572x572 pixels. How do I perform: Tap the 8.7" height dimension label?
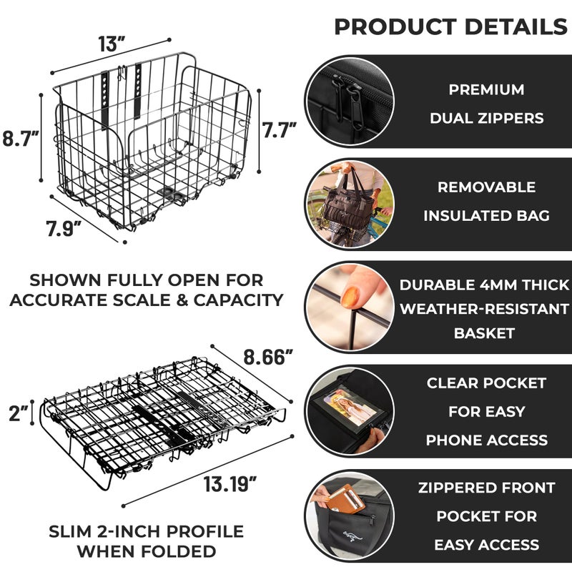click(20, 138)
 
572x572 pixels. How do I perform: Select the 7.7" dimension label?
click(279, 131)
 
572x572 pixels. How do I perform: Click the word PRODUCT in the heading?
click(395, 27)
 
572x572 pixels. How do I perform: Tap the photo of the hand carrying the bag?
click(348, 203)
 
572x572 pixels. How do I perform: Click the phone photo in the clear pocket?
click(344, 407)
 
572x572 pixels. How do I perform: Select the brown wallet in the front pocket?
click(345, 498)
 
